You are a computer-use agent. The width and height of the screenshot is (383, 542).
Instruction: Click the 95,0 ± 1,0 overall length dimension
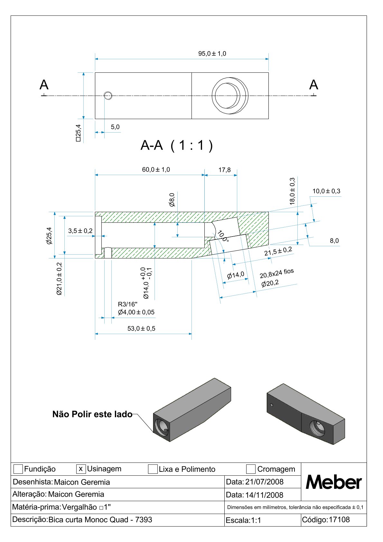212,53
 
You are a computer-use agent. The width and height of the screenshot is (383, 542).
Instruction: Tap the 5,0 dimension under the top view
115,127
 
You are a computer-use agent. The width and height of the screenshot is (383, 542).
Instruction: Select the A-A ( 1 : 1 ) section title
177,145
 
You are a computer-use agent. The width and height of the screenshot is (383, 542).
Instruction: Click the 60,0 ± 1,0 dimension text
156,169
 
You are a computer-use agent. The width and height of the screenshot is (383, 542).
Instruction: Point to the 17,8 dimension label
225,170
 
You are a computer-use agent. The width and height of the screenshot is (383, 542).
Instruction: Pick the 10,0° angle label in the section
223,236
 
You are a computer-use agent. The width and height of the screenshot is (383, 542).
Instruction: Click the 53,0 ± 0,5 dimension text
141,329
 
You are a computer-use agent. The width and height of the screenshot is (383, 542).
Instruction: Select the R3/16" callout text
127,304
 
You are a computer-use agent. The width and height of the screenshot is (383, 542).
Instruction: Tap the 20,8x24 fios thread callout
276,274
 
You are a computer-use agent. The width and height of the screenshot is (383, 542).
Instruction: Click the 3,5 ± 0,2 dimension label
80,231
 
